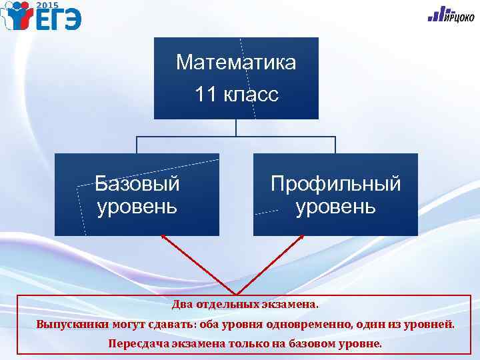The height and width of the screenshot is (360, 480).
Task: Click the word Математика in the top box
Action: click(x=236, y=63)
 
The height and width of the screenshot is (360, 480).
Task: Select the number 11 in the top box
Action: click(x=206, y=95)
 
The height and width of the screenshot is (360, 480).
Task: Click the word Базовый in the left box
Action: click(x=137, y=183)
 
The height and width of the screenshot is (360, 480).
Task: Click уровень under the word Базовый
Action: click(x=137, y=206)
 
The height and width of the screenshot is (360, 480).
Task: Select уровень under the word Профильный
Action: click(x=335, y=206)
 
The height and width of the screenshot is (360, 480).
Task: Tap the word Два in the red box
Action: click(x=182, y=305)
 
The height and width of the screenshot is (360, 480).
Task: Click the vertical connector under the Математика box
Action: click(x=236, y=128)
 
